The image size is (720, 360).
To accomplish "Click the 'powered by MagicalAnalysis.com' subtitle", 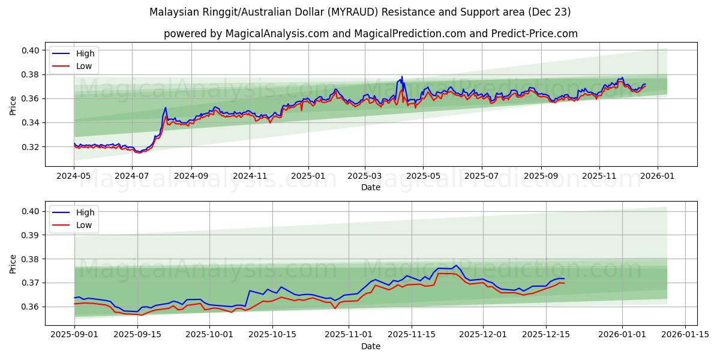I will (x=370, y=34).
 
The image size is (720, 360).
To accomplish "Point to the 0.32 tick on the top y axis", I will (x=30, y=146).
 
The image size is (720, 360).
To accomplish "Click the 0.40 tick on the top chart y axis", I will (x=30, y=50).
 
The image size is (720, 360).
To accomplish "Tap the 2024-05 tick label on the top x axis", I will (x=74, y=176).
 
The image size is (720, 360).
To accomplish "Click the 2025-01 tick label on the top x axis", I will (x=308, y=176).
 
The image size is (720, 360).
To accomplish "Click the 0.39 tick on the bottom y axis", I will (x=30, y=235).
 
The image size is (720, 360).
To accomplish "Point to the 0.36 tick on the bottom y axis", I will (x=30, y=307).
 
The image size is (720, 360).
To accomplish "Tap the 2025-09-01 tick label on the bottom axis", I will (x=74, y=335).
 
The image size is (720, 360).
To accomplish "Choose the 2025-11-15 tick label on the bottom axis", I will (x=412, y=335).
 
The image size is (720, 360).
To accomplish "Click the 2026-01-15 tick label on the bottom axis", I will (x=685, y=335).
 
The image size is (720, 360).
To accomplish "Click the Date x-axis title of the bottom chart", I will (x=370, y=346).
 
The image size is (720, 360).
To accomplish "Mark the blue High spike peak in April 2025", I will (x=402, y=77).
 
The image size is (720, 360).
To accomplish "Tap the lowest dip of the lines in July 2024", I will (x=139, y=152).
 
